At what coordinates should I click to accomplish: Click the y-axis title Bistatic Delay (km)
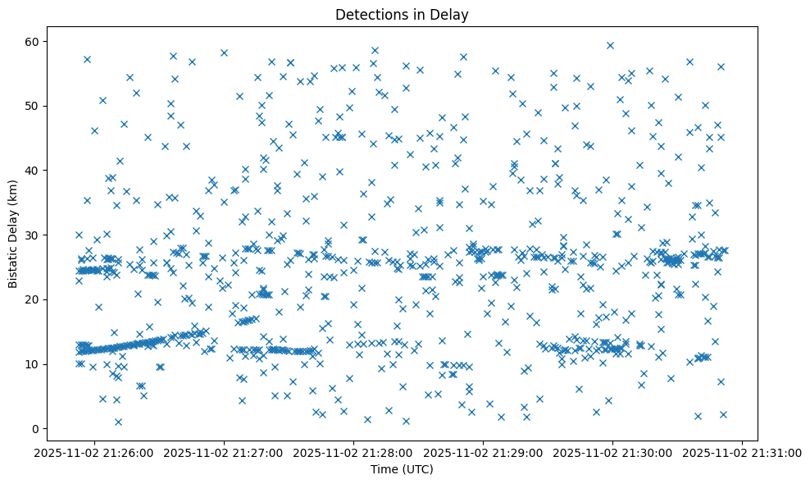13,234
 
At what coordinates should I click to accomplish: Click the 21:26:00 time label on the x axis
94,452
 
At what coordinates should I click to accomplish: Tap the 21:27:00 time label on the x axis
224,452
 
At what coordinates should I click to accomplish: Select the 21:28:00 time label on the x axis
353,452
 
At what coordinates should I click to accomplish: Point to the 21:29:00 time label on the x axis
483,452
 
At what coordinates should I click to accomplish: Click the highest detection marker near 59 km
610,45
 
